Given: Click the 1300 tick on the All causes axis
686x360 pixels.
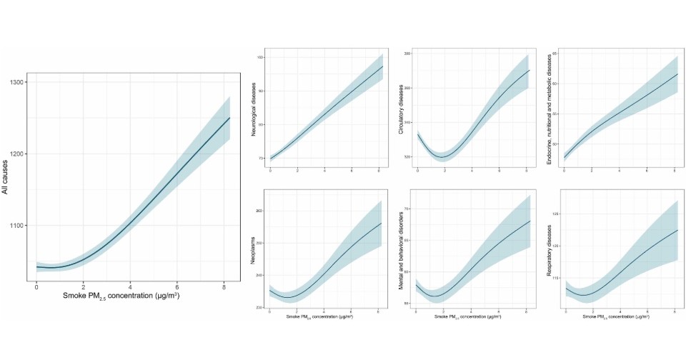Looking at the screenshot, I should tap(16, 83).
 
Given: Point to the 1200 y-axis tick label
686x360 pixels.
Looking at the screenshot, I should tap(16, 154).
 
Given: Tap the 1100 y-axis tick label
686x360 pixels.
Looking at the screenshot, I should tap(16, 226).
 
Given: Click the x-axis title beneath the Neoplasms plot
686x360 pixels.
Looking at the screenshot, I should tap(324, 316).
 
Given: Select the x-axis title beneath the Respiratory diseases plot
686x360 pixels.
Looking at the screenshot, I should tap(620, 316).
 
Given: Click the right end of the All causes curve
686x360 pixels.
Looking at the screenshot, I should tap(229, 118).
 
